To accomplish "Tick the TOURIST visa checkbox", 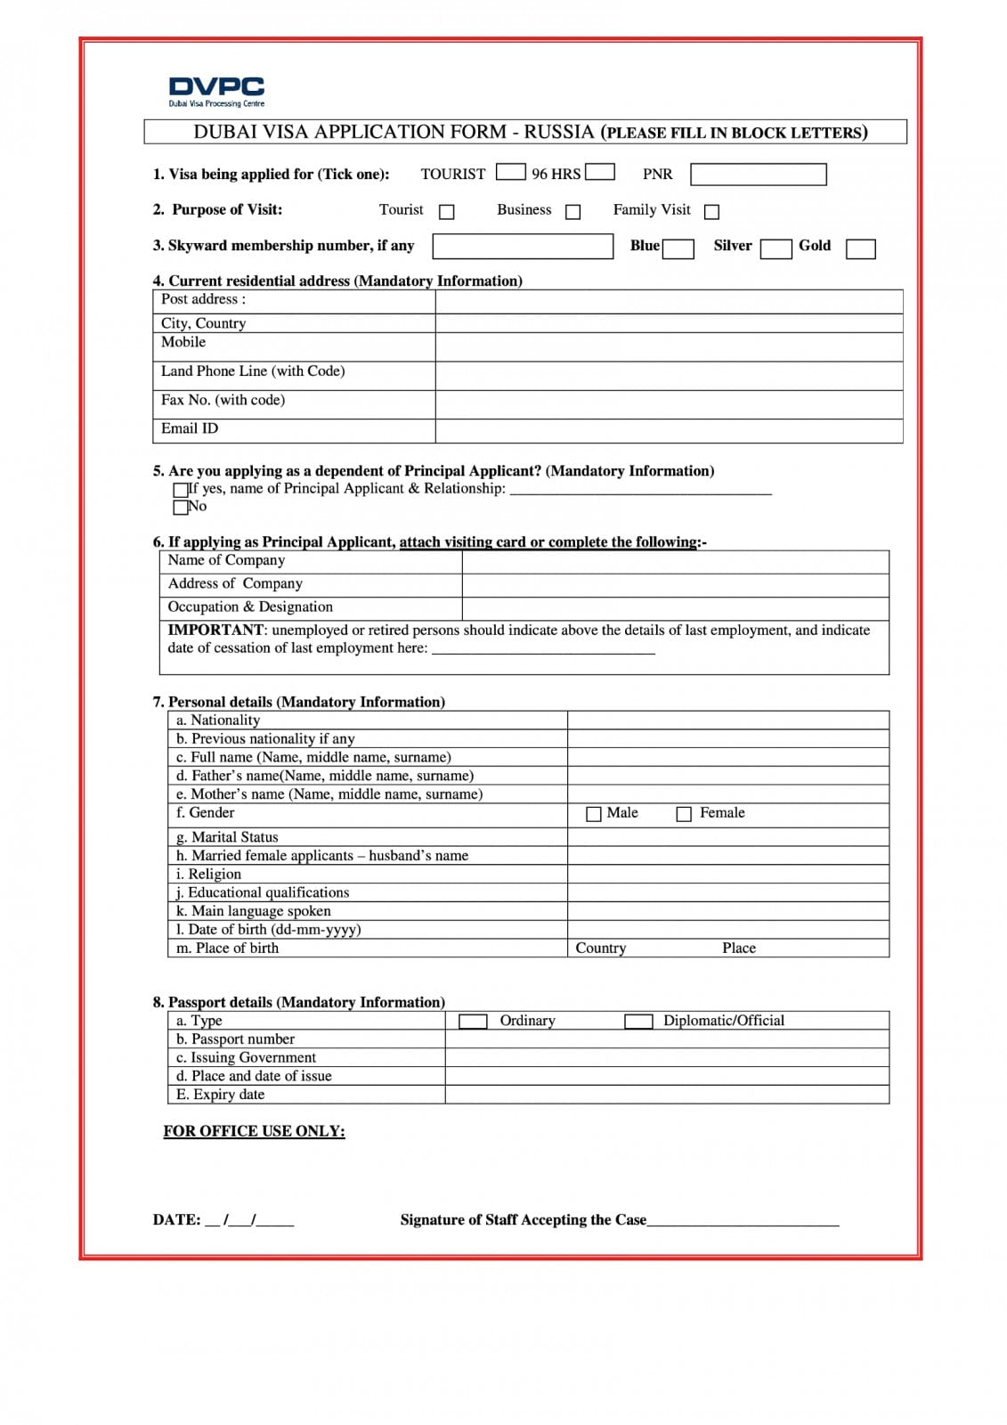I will [x=510, y=171].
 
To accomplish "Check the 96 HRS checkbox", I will [x=599, y=171].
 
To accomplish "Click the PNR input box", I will [x=758, y=174].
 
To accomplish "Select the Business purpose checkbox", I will [x=573, y=212].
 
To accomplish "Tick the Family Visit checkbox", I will [x=711, y=212].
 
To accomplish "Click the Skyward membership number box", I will [x=523, y=246].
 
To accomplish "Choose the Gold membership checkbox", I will [x=860, y=248].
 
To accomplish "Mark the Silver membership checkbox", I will [x=776, y=248].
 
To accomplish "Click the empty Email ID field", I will [x=669, y=430].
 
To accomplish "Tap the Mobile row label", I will [x=183, y=343].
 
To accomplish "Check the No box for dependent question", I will [x=181, y=508].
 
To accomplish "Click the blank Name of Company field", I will [x=675, y=561].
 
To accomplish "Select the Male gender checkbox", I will [x=594, y=814].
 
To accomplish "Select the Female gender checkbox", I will [x=684, y=814].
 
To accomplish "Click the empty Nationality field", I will [x=727, y=721].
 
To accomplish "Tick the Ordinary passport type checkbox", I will [x=473, y=1021].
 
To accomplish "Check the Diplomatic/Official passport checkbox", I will [x=638, y=1021].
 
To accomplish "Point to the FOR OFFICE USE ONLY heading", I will [x=254, y=1131].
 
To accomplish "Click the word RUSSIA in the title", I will [x=558, y=132].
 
